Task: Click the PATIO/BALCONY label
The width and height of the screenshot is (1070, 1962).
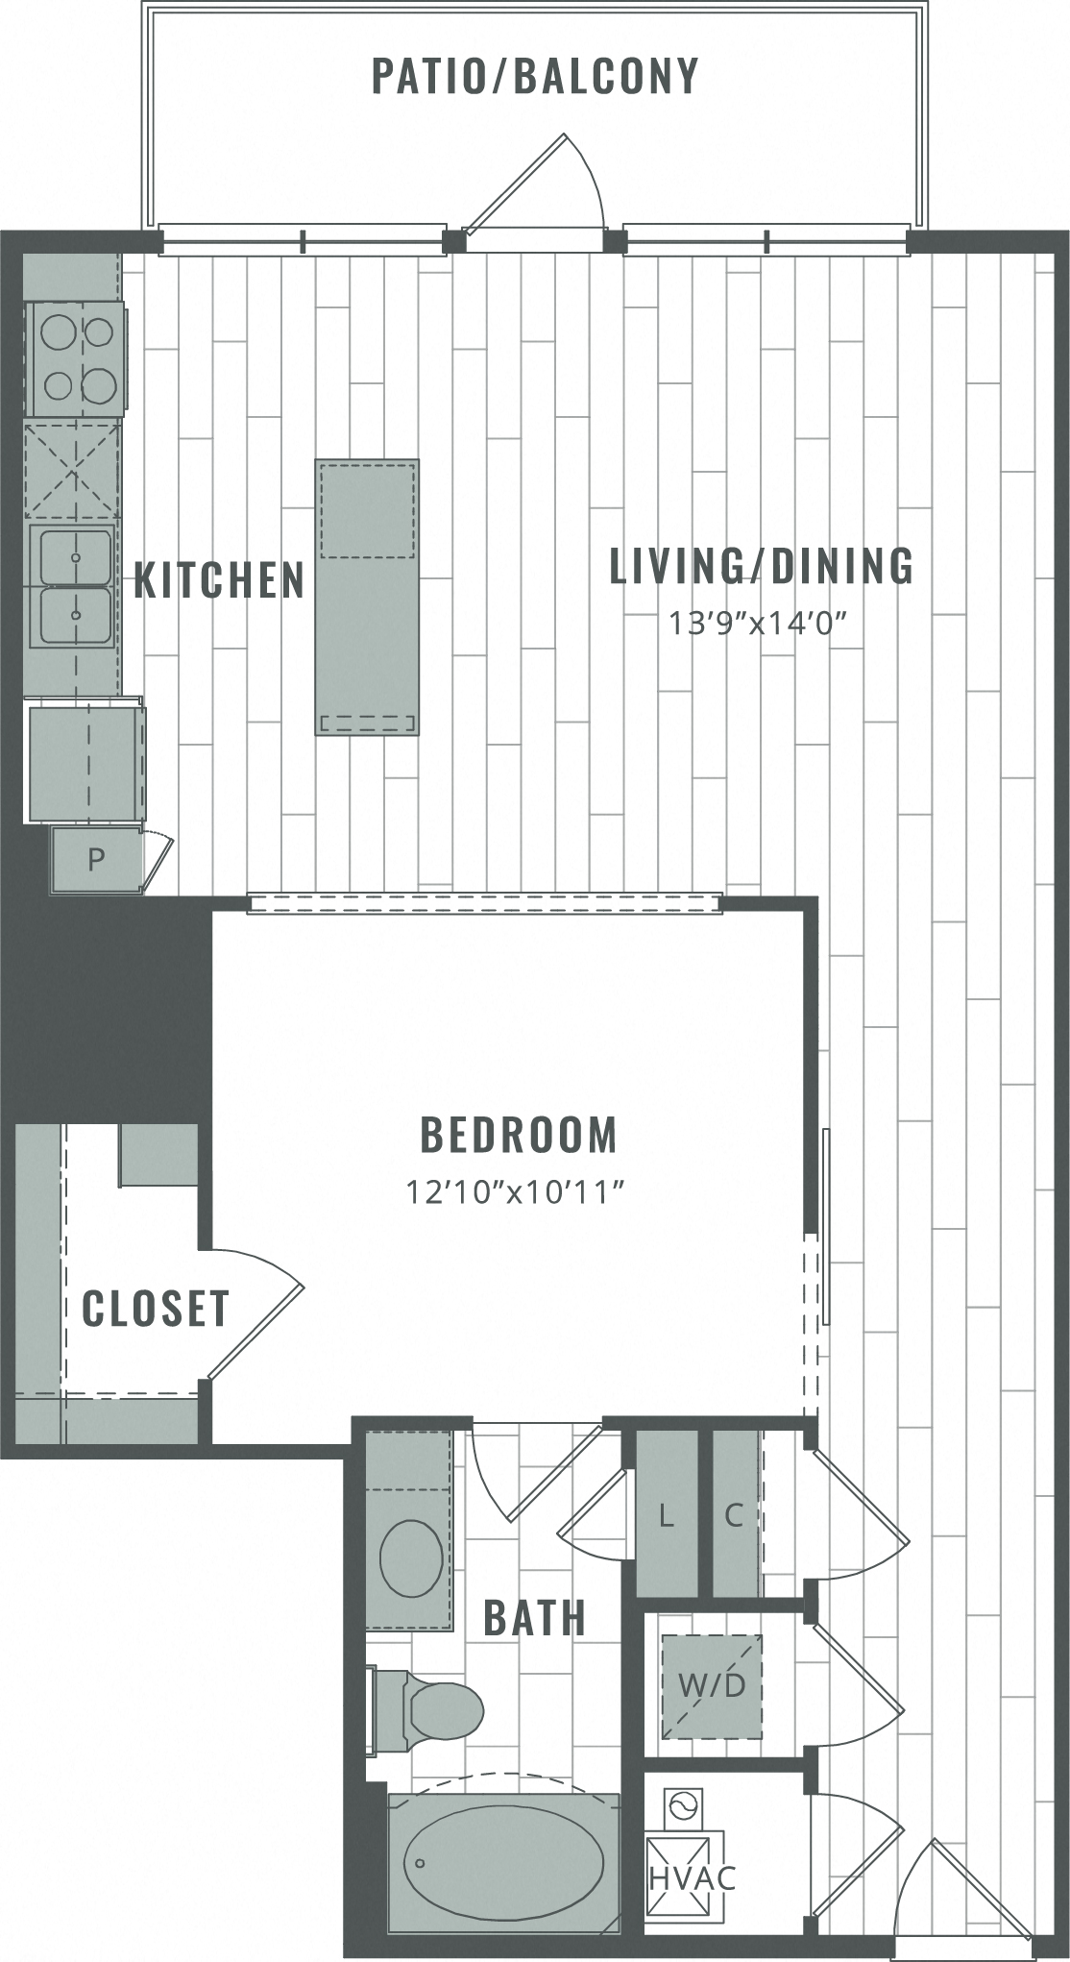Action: tap(535, 77)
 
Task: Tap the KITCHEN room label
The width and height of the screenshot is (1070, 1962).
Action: tap(219, 580)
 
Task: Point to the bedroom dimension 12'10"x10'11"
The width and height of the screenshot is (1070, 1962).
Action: tap(516, 1192)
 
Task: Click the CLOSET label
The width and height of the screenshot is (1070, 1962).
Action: tap(156, 1309)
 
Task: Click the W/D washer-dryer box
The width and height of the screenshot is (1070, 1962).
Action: tap(712, 1685)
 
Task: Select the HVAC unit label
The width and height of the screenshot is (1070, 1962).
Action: tap(693, 1877)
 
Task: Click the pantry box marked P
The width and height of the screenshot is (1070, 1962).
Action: tap(96, 859)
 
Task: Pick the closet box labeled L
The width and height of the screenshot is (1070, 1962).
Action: tap(667, 1515)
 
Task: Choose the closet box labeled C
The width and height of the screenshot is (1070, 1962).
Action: tap(735, 1515)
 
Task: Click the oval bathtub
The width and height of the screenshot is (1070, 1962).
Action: tap(503, 1862)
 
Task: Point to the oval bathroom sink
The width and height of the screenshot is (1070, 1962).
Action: tap(412, 1557)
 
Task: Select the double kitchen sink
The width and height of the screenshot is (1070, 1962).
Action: tap(75, 586)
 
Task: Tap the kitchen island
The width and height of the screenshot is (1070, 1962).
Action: tap(367, 598)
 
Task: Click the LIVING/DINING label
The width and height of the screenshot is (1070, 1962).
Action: tap(762, 566)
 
